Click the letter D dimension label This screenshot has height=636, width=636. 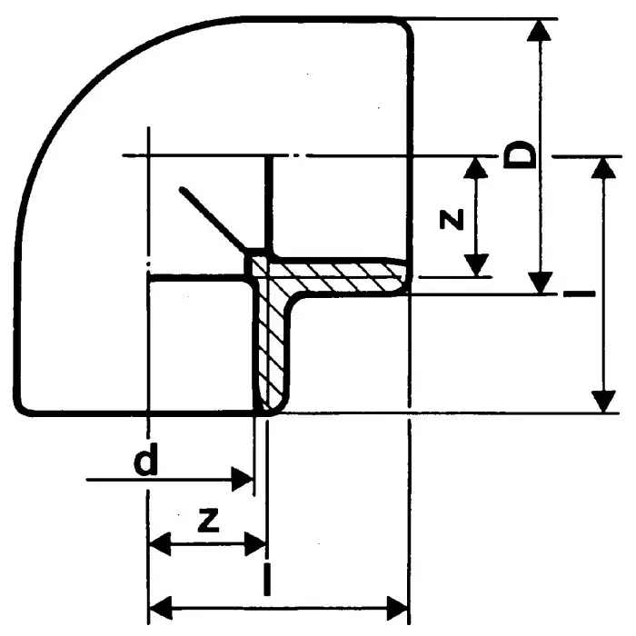click(520, 154)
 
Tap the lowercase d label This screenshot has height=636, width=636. click(145, 460)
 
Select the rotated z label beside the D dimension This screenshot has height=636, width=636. click(452, 220)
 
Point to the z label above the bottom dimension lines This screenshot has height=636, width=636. click(208, 520)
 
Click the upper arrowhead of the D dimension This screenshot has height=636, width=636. click(539, 30)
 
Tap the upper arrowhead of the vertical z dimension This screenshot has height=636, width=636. click(475, 167)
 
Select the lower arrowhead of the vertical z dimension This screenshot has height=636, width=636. click(476, 265)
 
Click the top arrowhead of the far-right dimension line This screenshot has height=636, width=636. click(603, 167)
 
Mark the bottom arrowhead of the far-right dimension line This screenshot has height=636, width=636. click(603, 402)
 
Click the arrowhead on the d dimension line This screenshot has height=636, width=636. click(243, 479)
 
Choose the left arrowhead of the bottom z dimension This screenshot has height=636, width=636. click(161, 544)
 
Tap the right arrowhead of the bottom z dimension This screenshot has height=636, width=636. click(255, 544)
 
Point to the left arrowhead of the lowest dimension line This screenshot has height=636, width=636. click(161, 608)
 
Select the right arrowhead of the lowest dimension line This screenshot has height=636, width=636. click(397, 608)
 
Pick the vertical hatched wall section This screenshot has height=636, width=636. click(270, 337)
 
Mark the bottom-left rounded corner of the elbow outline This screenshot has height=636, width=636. click(23, 407)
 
